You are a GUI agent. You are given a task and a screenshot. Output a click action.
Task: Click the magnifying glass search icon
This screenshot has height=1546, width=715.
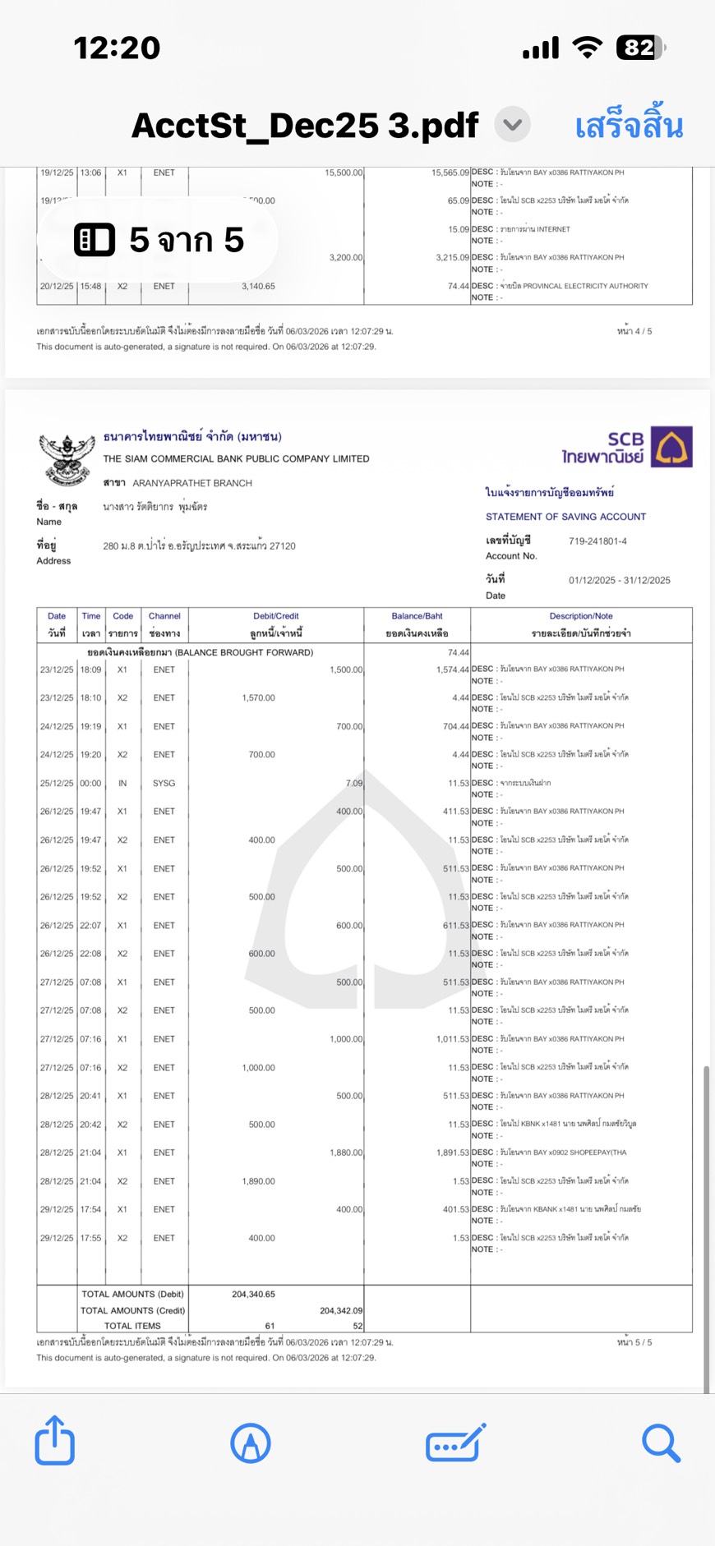[x=661, y=1443]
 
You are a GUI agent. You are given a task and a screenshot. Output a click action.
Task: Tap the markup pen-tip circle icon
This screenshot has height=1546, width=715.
[x=251, y=1443]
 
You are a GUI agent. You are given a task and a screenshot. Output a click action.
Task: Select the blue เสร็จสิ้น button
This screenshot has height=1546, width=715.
[x=629, y=126]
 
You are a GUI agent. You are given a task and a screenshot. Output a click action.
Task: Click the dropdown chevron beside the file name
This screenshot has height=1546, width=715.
[x=513, y=125]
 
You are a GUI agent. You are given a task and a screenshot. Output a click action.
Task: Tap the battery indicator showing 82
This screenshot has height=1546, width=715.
[x=640, y=48]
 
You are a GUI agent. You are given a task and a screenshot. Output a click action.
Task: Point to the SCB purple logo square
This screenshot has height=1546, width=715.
[x=671, y=447]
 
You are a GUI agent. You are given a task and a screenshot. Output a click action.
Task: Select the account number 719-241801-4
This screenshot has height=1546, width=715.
[x=597, y=541]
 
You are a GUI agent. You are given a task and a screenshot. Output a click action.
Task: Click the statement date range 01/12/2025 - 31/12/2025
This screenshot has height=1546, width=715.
[x=620, y=580]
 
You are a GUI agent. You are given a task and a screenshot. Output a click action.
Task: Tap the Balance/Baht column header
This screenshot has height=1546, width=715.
[x=417, y=616]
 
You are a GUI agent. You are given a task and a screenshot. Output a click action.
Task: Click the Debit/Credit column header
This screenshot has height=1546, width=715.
[x=276, y=616]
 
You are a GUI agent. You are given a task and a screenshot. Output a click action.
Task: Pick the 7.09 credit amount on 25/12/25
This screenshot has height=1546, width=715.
[x=353, y=783]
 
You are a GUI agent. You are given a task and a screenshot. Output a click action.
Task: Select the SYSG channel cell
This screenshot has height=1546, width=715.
[x=164, y=783]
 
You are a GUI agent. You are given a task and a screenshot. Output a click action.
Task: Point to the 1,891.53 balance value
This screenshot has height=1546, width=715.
[x=452, y=1153]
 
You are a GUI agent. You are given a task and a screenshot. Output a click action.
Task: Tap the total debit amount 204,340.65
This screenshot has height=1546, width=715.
[x=253, y=1294]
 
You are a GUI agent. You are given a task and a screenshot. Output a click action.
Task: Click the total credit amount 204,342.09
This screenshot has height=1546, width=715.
[x=340, y=1310]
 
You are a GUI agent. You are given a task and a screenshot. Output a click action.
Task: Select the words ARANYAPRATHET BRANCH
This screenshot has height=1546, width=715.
[x=192, y=483]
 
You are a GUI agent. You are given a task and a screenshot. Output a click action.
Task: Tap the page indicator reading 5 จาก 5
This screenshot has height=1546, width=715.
[x=159, y=240]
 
